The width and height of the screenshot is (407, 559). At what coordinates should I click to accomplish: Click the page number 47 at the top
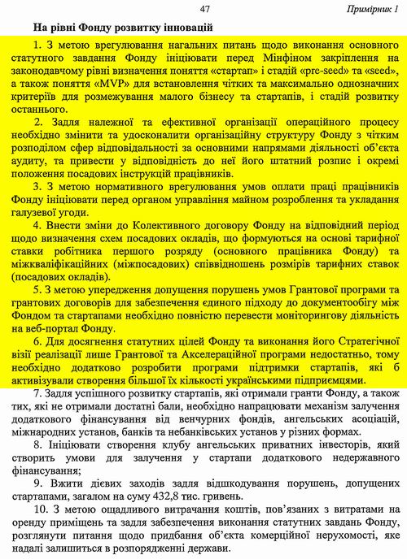point(204,7)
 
